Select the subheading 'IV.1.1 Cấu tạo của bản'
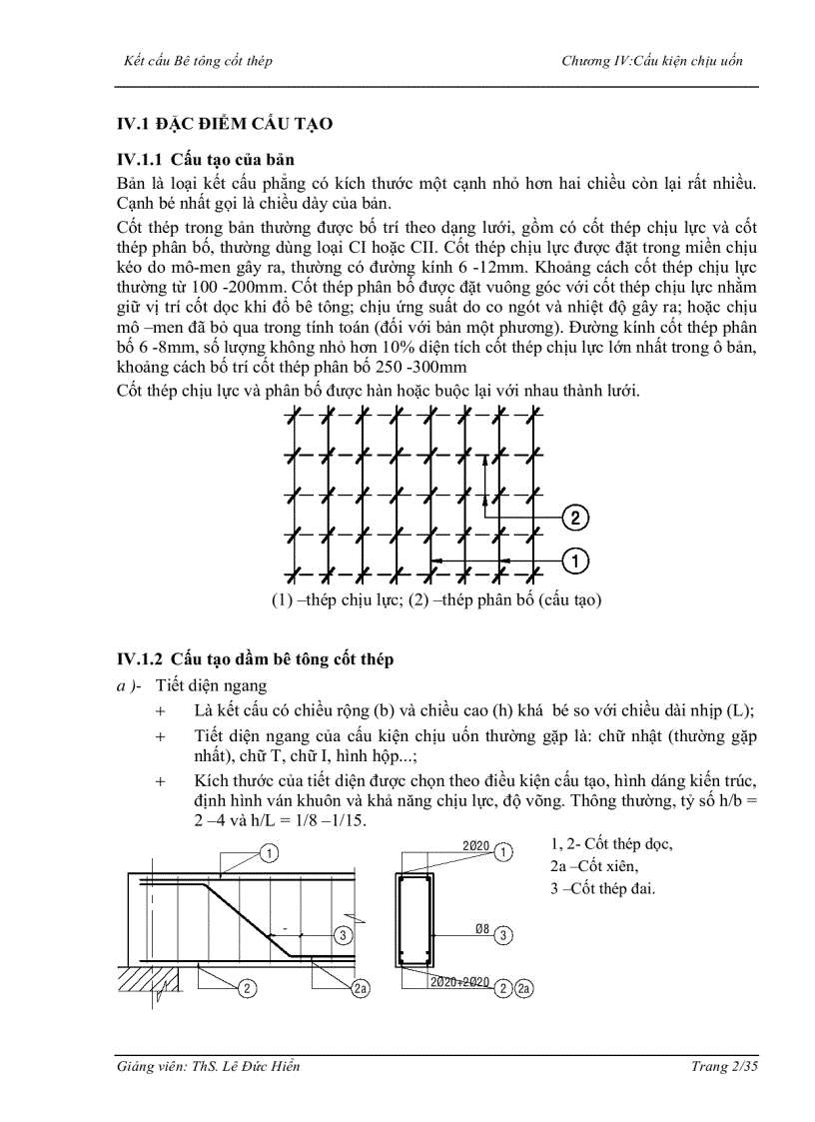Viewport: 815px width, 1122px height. (206, 160)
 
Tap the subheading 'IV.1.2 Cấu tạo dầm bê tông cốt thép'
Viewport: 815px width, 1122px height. (256, 658)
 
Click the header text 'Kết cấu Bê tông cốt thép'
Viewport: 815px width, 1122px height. (196, 61)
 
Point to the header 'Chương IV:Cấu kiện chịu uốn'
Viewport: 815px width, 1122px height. (652, 61)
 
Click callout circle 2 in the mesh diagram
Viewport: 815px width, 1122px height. (575, 517)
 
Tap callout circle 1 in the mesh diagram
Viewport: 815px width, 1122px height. (575, 561)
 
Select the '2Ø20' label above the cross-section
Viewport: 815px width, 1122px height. (475, 846)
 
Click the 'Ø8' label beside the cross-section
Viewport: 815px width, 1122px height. (481, 929)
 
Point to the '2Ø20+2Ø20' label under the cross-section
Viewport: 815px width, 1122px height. (460, 982)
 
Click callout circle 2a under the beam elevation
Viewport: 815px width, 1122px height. (362, 988)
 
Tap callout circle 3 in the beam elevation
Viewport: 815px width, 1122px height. (343, 935)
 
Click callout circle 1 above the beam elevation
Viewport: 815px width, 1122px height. (270, 852)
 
